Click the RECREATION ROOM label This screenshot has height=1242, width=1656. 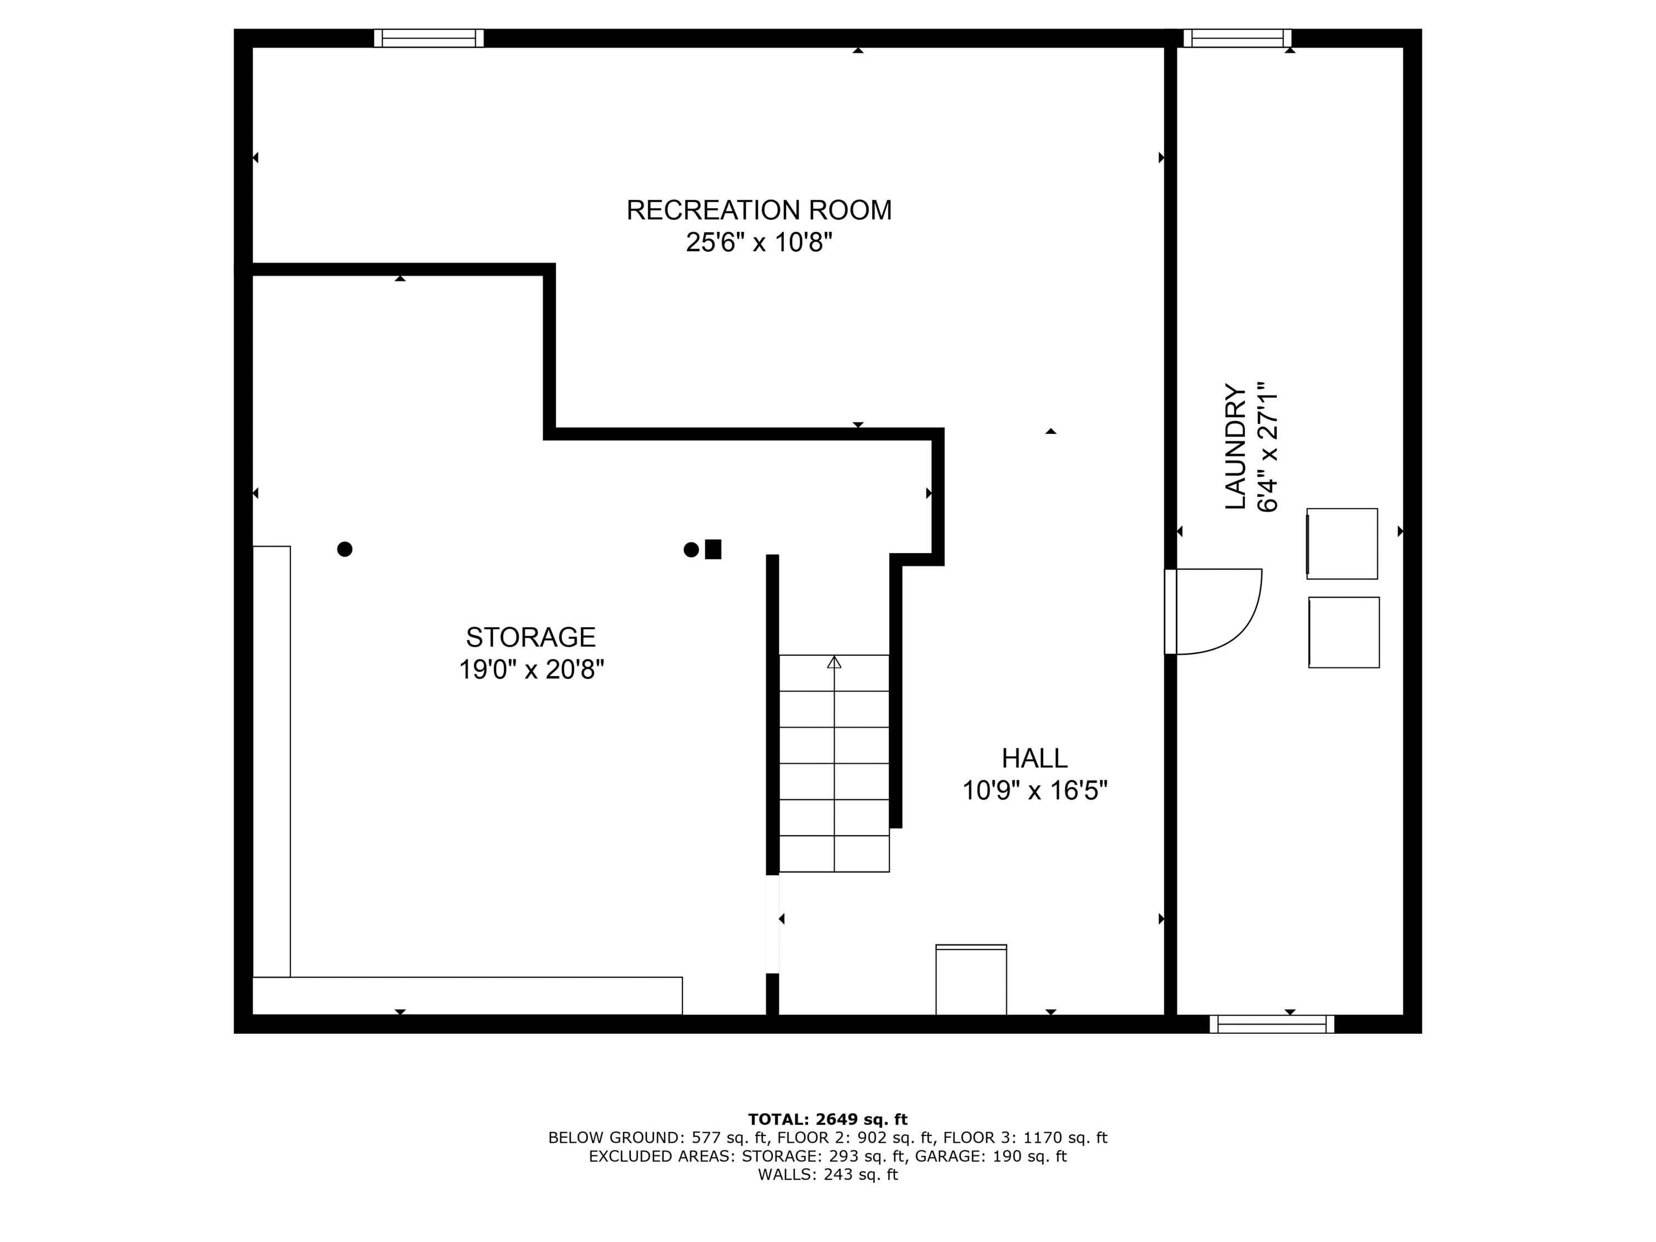(758, 210)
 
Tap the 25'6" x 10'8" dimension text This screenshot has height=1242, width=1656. (758, 242)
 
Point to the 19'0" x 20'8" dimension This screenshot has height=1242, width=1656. (531, 669)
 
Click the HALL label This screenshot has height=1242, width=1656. (1034, 758)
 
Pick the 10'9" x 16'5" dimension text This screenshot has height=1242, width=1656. (1034, 790)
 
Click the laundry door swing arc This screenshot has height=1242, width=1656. (1243, 625)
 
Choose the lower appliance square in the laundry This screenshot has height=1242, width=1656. (1344, 632)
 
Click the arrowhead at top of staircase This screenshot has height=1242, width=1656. (834, 662)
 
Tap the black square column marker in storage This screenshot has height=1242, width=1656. (713, 549)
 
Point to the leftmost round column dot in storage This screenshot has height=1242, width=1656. (344, 549)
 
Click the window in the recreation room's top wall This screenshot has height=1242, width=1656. (429, 38)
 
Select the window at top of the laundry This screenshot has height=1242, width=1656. (1237, 38)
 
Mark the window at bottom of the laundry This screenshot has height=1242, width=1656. (1271, 1023)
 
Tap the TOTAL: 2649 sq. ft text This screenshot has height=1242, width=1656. (827, 1119)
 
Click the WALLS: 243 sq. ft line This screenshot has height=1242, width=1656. (827, 1175)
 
